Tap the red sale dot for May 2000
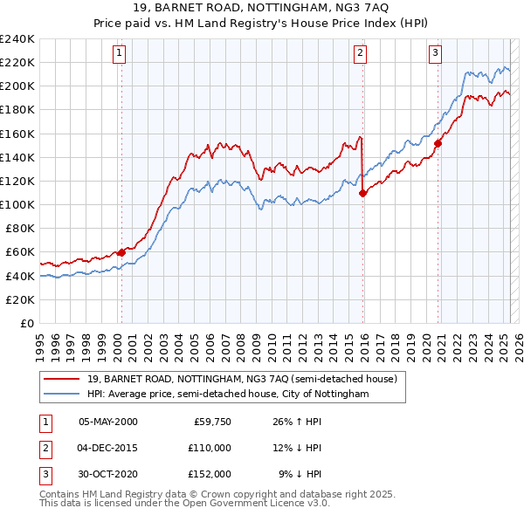121,252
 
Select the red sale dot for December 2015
362,194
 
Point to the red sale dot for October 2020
438,144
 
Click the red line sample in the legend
61,379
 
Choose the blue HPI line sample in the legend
61,395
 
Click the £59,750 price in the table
211,422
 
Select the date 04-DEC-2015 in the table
108,448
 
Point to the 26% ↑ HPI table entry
297,422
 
